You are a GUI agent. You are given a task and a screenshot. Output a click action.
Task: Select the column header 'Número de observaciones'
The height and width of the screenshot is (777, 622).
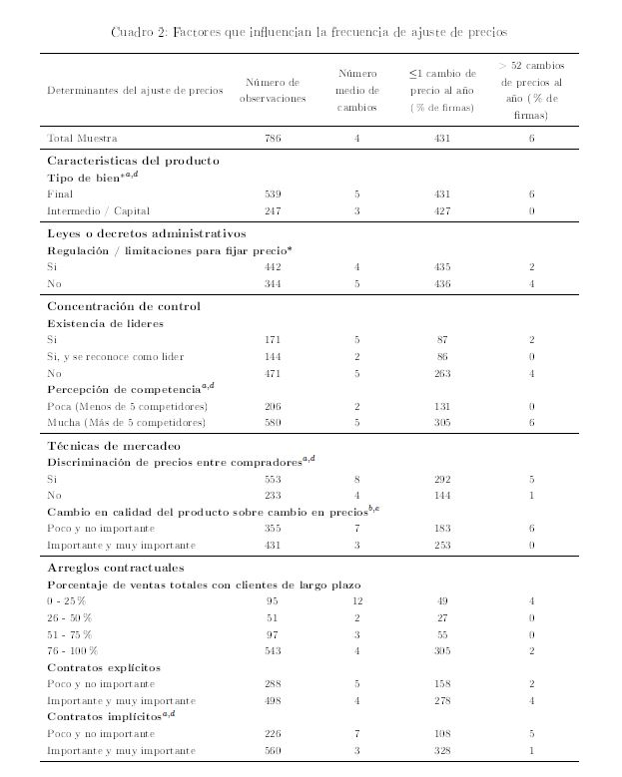pyautogui.click(x=273, y=91)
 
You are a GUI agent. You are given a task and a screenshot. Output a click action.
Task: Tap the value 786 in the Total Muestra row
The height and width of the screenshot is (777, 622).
pyautogui.click(x=273, y=139)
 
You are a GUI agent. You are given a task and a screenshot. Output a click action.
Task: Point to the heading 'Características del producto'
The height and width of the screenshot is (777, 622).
pyautogui.click(x=133, y=161)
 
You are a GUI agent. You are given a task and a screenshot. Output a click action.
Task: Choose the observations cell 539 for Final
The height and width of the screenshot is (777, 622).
pyautogui.click(x=273, y=194)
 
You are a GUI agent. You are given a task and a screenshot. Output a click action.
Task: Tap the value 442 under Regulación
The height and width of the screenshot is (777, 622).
pyautogui.click(x=273, y=266)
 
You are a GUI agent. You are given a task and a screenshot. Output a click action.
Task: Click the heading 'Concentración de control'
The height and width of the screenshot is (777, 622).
pyautogui.click(x=124, y=306)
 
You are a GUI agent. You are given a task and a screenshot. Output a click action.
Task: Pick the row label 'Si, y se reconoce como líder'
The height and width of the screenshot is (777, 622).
pyautogui.click(x=115, y=356)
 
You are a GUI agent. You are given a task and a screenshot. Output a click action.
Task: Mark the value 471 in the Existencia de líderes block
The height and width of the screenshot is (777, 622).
pyautogui.click(x=273, y=373)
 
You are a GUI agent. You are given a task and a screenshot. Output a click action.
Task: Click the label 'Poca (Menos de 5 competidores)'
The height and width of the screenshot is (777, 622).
pyautogui.click(x=127, y=406)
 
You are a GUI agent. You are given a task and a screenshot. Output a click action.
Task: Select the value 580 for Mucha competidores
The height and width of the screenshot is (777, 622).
pyautogui.click(x=273, y=423)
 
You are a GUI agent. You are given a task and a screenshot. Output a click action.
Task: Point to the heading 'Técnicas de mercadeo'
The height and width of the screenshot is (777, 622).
pyautogui.click(x=114, y=445)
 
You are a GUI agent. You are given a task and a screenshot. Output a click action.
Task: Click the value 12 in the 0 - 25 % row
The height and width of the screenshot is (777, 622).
pyautogui.click(x=356, y=600)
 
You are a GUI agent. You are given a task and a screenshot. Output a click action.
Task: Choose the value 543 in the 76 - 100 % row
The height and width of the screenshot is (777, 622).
pyautogui.click(x=273, y=650)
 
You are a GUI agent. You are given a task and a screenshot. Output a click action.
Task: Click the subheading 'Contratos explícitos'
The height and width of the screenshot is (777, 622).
pyautogui.click(x=105, y=666)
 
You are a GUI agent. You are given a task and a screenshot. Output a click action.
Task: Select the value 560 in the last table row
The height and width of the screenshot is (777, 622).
pyautogui.click(x=273, y=749)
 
